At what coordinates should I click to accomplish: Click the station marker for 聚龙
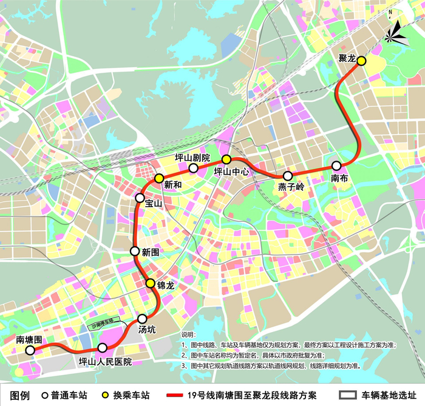pyautogui.click(x=361, y=61)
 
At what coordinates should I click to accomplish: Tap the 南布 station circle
pyautogui.click(x=336, y=165)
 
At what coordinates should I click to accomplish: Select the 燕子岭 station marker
pyautogui.click(x=288, y=176)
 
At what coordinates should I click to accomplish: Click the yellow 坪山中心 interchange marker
pyautogui.click(x=226, y=159)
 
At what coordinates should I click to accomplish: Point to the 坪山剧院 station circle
pyautogui.click(x=193, y=168)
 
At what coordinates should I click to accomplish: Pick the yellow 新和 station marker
pyautogui.click(x=159, y=178)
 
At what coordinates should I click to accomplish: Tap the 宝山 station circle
pyautogui.click(x=140, y=198)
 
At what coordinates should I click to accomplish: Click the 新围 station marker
pyautogui.click(x=135, y=251)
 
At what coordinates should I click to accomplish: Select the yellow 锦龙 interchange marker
pyautogui.click(x=150, y=283)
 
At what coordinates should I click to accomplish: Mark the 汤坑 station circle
pyautogui.click(x=143, y=319)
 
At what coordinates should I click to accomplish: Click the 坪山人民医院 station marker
pyautogui.click(x=102, y=348)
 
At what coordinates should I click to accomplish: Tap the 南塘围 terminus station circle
pyautogui.click(x=30, y=350)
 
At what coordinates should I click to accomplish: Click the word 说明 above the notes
pyautogui.click(x=189, y=334)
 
